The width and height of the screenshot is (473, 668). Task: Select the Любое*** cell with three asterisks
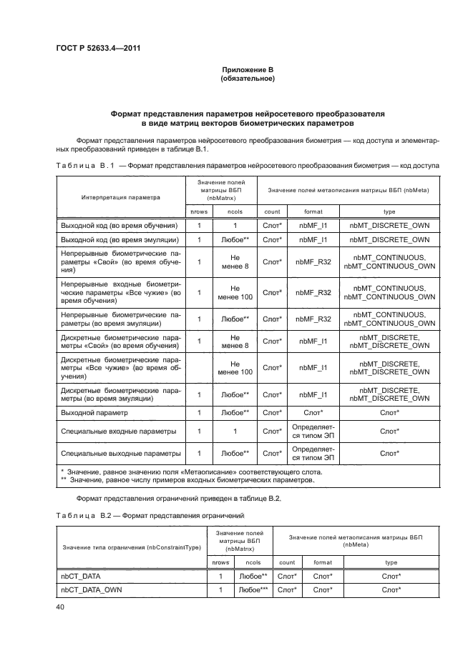(x=253, y=589)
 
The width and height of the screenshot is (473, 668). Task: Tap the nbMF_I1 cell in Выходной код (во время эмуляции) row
(x=313, y=239)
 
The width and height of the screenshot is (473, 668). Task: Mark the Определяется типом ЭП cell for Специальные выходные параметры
(x=313, y=453)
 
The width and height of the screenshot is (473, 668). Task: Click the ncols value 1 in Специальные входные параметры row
(x=235, y=431)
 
